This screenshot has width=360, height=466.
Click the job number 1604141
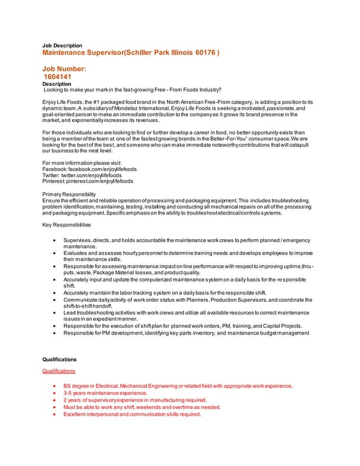pyautogui.click(x=58, y=77)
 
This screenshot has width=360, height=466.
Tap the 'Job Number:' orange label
pyautogui.click(x=64, y=69)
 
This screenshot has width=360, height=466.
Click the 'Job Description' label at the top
pyautogui.click(x=63, y=45)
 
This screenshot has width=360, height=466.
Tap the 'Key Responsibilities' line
pyautogui.click(x=67, y=225)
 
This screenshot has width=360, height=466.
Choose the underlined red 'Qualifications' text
pyautogui.click(x=59, y=371)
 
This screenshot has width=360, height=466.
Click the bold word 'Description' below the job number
pyautogui.click(x=57, y=83)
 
